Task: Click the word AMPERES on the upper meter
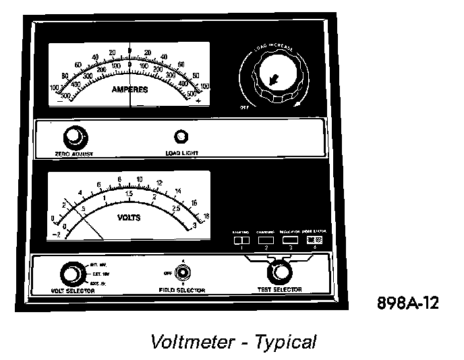(x=129, y=89)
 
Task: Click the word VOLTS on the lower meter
(x=129, y=218)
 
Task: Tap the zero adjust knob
(x=72, y=138)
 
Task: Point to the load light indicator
(x=181, y=138)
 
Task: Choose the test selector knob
(x=278, y=273)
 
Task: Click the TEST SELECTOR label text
(x=279, y=290)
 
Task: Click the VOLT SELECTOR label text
(x=73, y=291)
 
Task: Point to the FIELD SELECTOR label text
(x=177, y=291)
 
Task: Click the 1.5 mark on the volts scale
(x=129, y=194)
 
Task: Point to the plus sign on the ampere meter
(x=198, y=100)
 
